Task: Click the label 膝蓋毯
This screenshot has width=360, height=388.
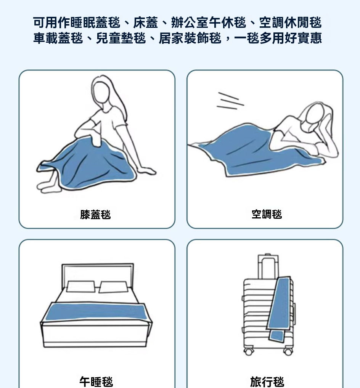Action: pyautogui.click(x=95, y=215)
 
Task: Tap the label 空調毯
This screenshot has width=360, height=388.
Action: pyautogui.click(x=267, y=214)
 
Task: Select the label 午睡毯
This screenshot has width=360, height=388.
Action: pyautogui.click(x=96, y=382)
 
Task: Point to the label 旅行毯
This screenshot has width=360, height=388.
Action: pyautogui.click(x=267, y=382)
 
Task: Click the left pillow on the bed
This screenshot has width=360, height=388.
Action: pyautogui.click(x=81, y=286)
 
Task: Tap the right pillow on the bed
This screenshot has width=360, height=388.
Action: pyautogui.click(x=113, y=287)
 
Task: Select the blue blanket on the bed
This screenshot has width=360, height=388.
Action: pyautogui.click(x=95, y=312)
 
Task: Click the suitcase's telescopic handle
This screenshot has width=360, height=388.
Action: pyautogui.click(x=267, y=266)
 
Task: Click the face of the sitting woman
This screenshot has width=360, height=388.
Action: pyautogui.click(x=101, y=92)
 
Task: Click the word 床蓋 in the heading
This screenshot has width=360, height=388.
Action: pyautogui.click(x=146, y=23)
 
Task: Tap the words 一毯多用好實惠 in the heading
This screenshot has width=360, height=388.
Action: pyautogui.click(x=278, y=38)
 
